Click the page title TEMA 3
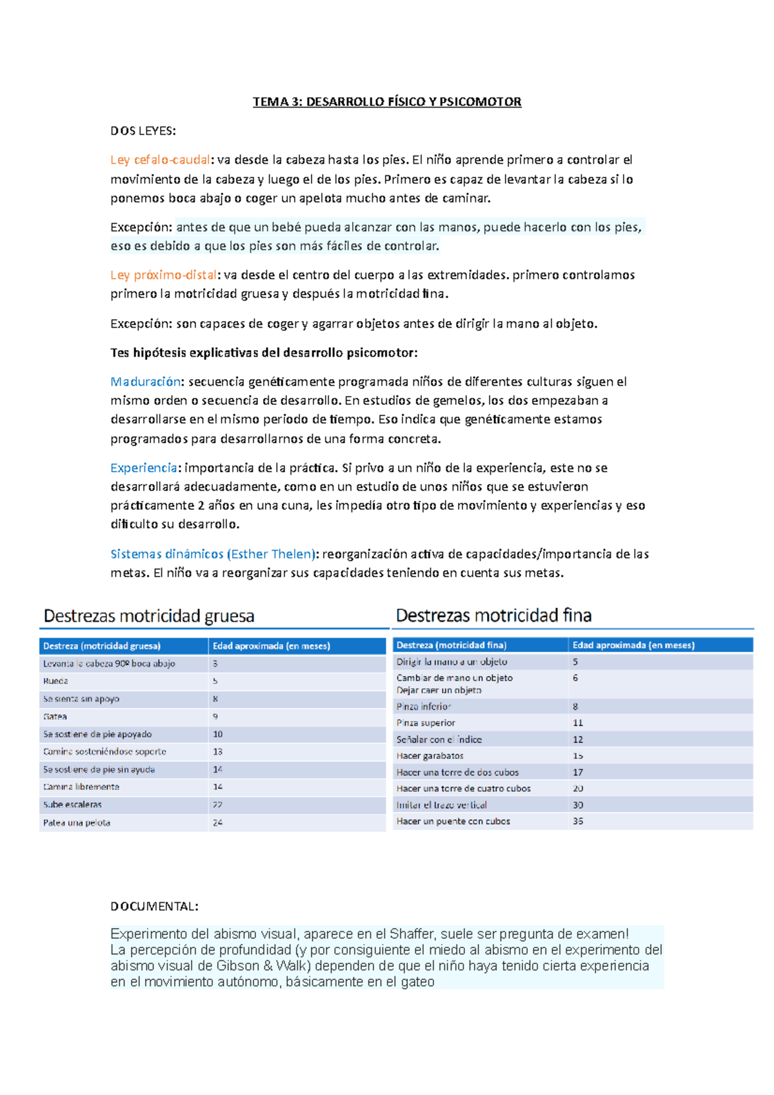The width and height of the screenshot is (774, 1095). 386,102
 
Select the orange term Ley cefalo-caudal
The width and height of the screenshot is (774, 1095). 160,160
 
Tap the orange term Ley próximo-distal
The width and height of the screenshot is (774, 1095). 163,275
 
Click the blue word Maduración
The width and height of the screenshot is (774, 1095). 145,382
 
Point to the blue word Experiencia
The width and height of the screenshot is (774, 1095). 144,468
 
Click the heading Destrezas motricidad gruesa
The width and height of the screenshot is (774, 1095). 149,617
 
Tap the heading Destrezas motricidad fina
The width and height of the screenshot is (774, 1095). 493,616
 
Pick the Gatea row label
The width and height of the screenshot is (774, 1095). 55,716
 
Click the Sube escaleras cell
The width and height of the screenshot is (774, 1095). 72,805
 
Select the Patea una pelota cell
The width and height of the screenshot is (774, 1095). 76,823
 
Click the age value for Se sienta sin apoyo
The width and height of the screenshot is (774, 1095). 215,699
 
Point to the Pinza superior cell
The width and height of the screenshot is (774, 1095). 426,723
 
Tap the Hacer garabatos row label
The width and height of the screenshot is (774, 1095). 430,756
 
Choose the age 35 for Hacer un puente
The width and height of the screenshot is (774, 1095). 578,822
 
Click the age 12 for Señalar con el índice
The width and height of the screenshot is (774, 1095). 578,740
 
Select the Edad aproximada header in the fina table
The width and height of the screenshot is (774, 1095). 633,646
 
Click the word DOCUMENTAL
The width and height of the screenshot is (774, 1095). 154,907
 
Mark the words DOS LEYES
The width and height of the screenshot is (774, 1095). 143,132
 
